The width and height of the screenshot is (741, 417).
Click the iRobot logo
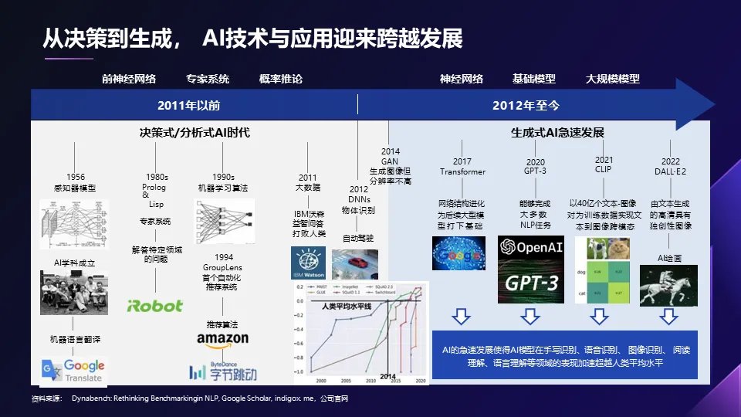point(155,306)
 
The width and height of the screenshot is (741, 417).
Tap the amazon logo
point(222,339)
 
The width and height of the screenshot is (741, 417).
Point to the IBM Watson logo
point(308,263)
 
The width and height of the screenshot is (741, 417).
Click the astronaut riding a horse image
point(668,285)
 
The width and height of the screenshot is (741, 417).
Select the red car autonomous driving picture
point(354,263)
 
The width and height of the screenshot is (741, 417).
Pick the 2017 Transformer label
point(462,167)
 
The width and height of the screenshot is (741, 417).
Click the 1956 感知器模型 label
point(76,182)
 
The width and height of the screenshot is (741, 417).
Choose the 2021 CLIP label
point(604,164)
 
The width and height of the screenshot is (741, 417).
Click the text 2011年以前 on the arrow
point(189,105)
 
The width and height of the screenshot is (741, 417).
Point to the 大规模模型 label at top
point(612,79)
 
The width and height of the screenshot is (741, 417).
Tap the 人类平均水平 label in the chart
point(347,307)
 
